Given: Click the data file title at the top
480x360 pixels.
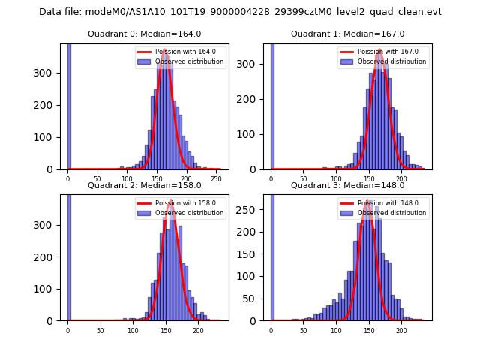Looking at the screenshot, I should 240,12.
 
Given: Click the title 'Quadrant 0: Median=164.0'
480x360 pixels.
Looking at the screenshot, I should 144,34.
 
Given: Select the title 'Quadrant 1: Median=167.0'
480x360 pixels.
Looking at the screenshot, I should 347,34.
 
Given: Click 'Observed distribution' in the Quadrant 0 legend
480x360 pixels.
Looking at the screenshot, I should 189,61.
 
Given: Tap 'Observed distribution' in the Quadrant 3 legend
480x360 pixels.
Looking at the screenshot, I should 391,213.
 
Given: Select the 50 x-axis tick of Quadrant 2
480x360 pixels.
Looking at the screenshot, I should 100,330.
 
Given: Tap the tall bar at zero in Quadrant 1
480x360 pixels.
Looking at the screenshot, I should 271,105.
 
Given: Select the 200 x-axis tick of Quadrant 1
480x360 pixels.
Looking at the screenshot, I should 401,179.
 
